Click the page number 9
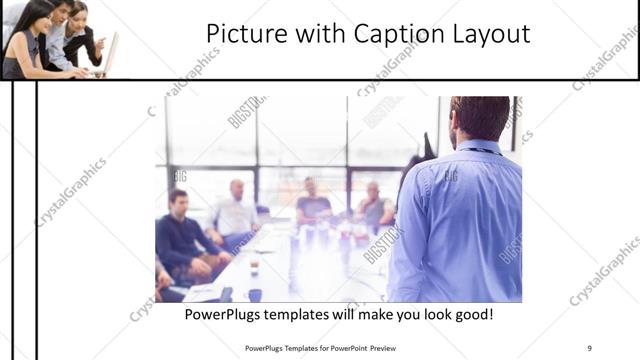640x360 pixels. pyautogui.click(x=589, y=347)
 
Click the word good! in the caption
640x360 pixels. pyautogui.click(x=470, y=314)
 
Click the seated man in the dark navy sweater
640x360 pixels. pyautogui.click(x=181, y=235)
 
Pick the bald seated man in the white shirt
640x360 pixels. pyautogui.click(x=236, y=210)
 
